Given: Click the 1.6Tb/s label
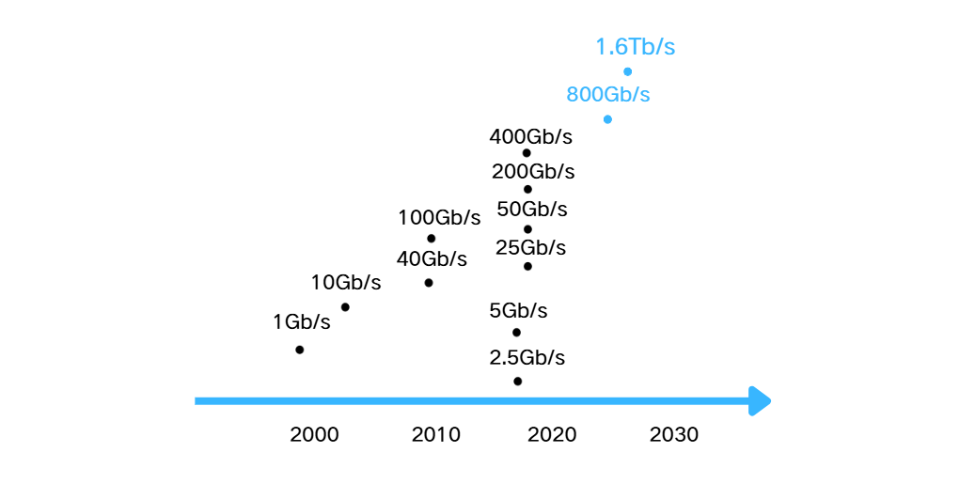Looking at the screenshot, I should pyautogui.click(x=635, y=48).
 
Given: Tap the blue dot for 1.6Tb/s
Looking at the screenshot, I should pyautogui.click(x=627, y=71).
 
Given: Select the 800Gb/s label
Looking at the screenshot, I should pyautogui.click(x=607, y=95).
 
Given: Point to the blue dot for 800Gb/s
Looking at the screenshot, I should pyautogui.click(x=607, y=119).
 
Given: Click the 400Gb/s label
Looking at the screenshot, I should pyautogui.click(x=530, y=136).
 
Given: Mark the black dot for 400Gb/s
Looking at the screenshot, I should pyautogui.click(x=527, y=153).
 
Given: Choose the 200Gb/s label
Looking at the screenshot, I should pyautogui.click(x=533, y=172).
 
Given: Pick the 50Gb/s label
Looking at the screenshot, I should pyautogui.click(x=532, y=209).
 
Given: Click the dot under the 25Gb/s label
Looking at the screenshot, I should pyautogui.click(x=527, y=267).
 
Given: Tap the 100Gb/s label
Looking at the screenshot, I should pyautogui.click(x=439, y=218).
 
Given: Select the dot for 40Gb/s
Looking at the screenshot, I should pyautogui.click(x=429, y=283).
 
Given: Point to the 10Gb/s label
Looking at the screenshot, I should pyautogui.click(x=346, y=283).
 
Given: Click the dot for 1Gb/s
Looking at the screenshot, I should pyautogui.click(x=299, y=350).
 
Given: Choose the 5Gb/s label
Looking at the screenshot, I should pyautogui.click(x=518, y=311).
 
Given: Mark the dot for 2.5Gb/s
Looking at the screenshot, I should pyautogui.click(x=517, y=381).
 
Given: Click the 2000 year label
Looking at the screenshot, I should pyautogui.click(x=314, y=435).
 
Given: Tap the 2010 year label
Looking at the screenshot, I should pyautogui.click(x=435, y=435).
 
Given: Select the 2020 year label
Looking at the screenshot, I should pyautogui.click(x=552, y=435).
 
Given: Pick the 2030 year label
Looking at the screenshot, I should pyautogui.click(x=674, y=435).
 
